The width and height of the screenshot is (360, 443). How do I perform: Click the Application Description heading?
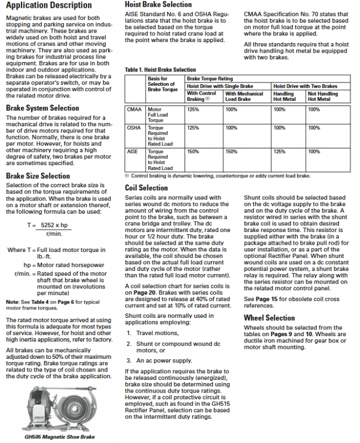click(x=49, y=6)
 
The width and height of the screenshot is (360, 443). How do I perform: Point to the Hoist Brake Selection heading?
click(x=158, y=4)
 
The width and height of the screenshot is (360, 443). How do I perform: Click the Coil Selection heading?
click(x=146, y=188)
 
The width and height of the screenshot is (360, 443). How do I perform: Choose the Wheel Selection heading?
click(x=269, y=318)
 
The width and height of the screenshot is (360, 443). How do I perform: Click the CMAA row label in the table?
click(x=135, y=110)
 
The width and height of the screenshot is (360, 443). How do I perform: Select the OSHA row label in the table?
click(x=135, y=128)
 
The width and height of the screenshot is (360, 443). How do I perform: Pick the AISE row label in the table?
click(x=133, y=151)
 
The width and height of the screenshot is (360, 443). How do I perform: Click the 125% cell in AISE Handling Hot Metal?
click(x=280, y=151)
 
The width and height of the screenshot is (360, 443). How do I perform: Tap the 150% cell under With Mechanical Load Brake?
click(x=232, y=151)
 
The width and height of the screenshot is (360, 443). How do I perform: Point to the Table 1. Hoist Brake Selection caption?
click(x=161, y=70)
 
